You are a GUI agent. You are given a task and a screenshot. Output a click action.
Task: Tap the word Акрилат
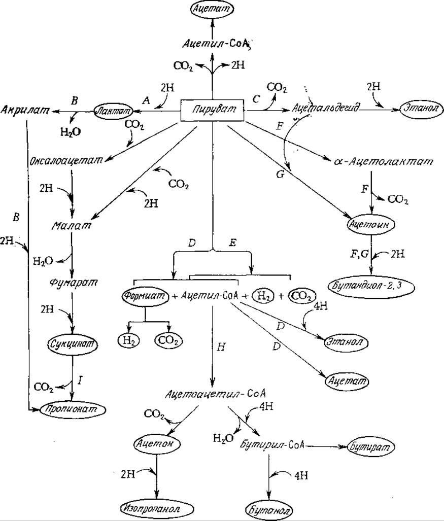(x=24, y=109)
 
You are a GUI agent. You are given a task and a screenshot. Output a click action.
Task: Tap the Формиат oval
(x=145, y=296)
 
